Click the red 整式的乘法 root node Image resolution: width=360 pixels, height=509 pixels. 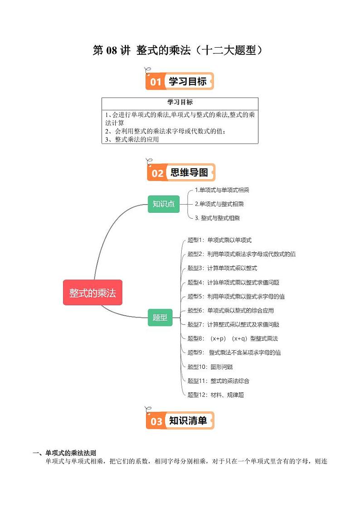93,292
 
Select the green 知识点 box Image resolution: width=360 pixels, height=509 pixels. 164,204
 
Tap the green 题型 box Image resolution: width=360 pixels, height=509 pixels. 160,317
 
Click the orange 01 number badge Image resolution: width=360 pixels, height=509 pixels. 156,82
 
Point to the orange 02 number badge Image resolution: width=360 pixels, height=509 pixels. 157,173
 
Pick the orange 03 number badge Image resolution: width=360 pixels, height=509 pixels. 156,421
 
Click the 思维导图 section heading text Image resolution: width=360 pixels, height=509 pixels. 189,172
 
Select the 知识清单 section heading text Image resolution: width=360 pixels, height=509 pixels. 188,421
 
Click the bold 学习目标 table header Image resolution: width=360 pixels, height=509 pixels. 180,102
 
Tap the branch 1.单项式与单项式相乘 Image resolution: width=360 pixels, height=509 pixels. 222,190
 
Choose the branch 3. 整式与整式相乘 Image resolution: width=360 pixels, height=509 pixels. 217,218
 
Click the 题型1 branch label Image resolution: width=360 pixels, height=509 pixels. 219,240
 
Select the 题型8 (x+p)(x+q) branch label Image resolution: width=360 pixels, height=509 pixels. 233,338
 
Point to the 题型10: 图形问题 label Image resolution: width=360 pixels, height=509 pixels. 210,367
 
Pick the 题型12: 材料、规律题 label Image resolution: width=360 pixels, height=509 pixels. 216,395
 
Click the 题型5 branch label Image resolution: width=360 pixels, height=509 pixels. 236,296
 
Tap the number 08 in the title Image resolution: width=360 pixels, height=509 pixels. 111,50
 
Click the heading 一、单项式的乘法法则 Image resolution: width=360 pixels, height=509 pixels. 64,453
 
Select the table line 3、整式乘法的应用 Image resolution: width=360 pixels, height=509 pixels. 131,139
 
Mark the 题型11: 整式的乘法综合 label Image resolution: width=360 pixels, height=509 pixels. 218,381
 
